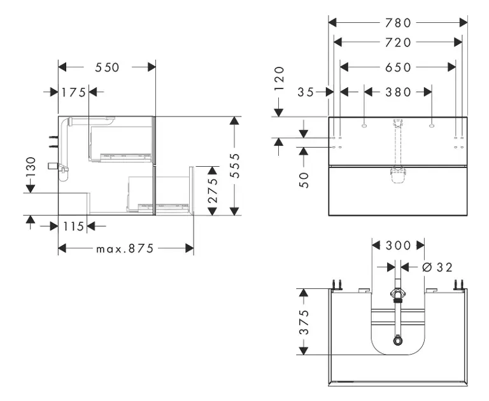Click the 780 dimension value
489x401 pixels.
click(398, 23)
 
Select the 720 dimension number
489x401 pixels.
click(398, 43)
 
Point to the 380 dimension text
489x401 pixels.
click(399, 92)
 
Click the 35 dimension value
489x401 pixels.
click(306, 92)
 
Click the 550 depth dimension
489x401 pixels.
click(108, 67)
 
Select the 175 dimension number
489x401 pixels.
click(74, 92)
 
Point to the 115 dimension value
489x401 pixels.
click(74, 227)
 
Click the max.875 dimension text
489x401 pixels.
click(125, 249)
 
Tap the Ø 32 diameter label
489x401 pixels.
click(437, 267)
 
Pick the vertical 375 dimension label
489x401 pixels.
click(304, 323)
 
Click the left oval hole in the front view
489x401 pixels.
click(364, 125)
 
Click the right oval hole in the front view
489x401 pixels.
click(432, 125)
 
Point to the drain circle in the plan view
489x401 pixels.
click(398, 340)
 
